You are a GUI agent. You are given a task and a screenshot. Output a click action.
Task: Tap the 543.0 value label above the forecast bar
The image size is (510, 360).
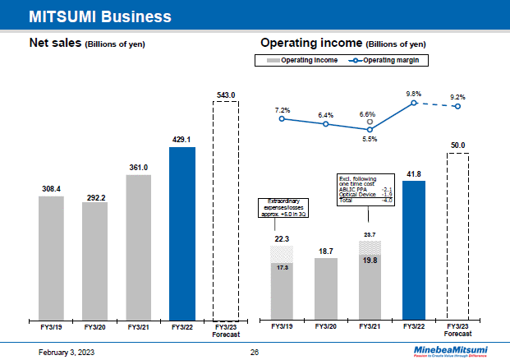point(226,95)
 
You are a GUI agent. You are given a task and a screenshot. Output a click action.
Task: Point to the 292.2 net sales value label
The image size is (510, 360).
point(94,196)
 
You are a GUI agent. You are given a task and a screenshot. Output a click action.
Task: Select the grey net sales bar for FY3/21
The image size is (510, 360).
point(138,247)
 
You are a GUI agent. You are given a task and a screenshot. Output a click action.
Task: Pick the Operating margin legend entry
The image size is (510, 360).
point(389,60)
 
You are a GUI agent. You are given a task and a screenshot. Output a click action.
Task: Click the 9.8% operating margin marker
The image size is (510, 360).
point(415,103)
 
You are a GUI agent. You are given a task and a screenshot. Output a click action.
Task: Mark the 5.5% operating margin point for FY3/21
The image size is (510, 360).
point(370,130)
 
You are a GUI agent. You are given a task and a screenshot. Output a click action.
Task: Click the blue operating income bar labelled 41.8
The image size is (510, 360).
point(415,249)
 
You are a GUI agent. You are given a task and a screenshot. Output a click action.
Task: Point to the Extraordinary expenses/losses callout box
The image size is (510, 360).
point(283,208)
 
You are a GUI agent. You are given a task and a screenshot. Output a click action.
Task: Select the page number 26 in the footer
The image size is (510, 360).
point(255,352)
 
